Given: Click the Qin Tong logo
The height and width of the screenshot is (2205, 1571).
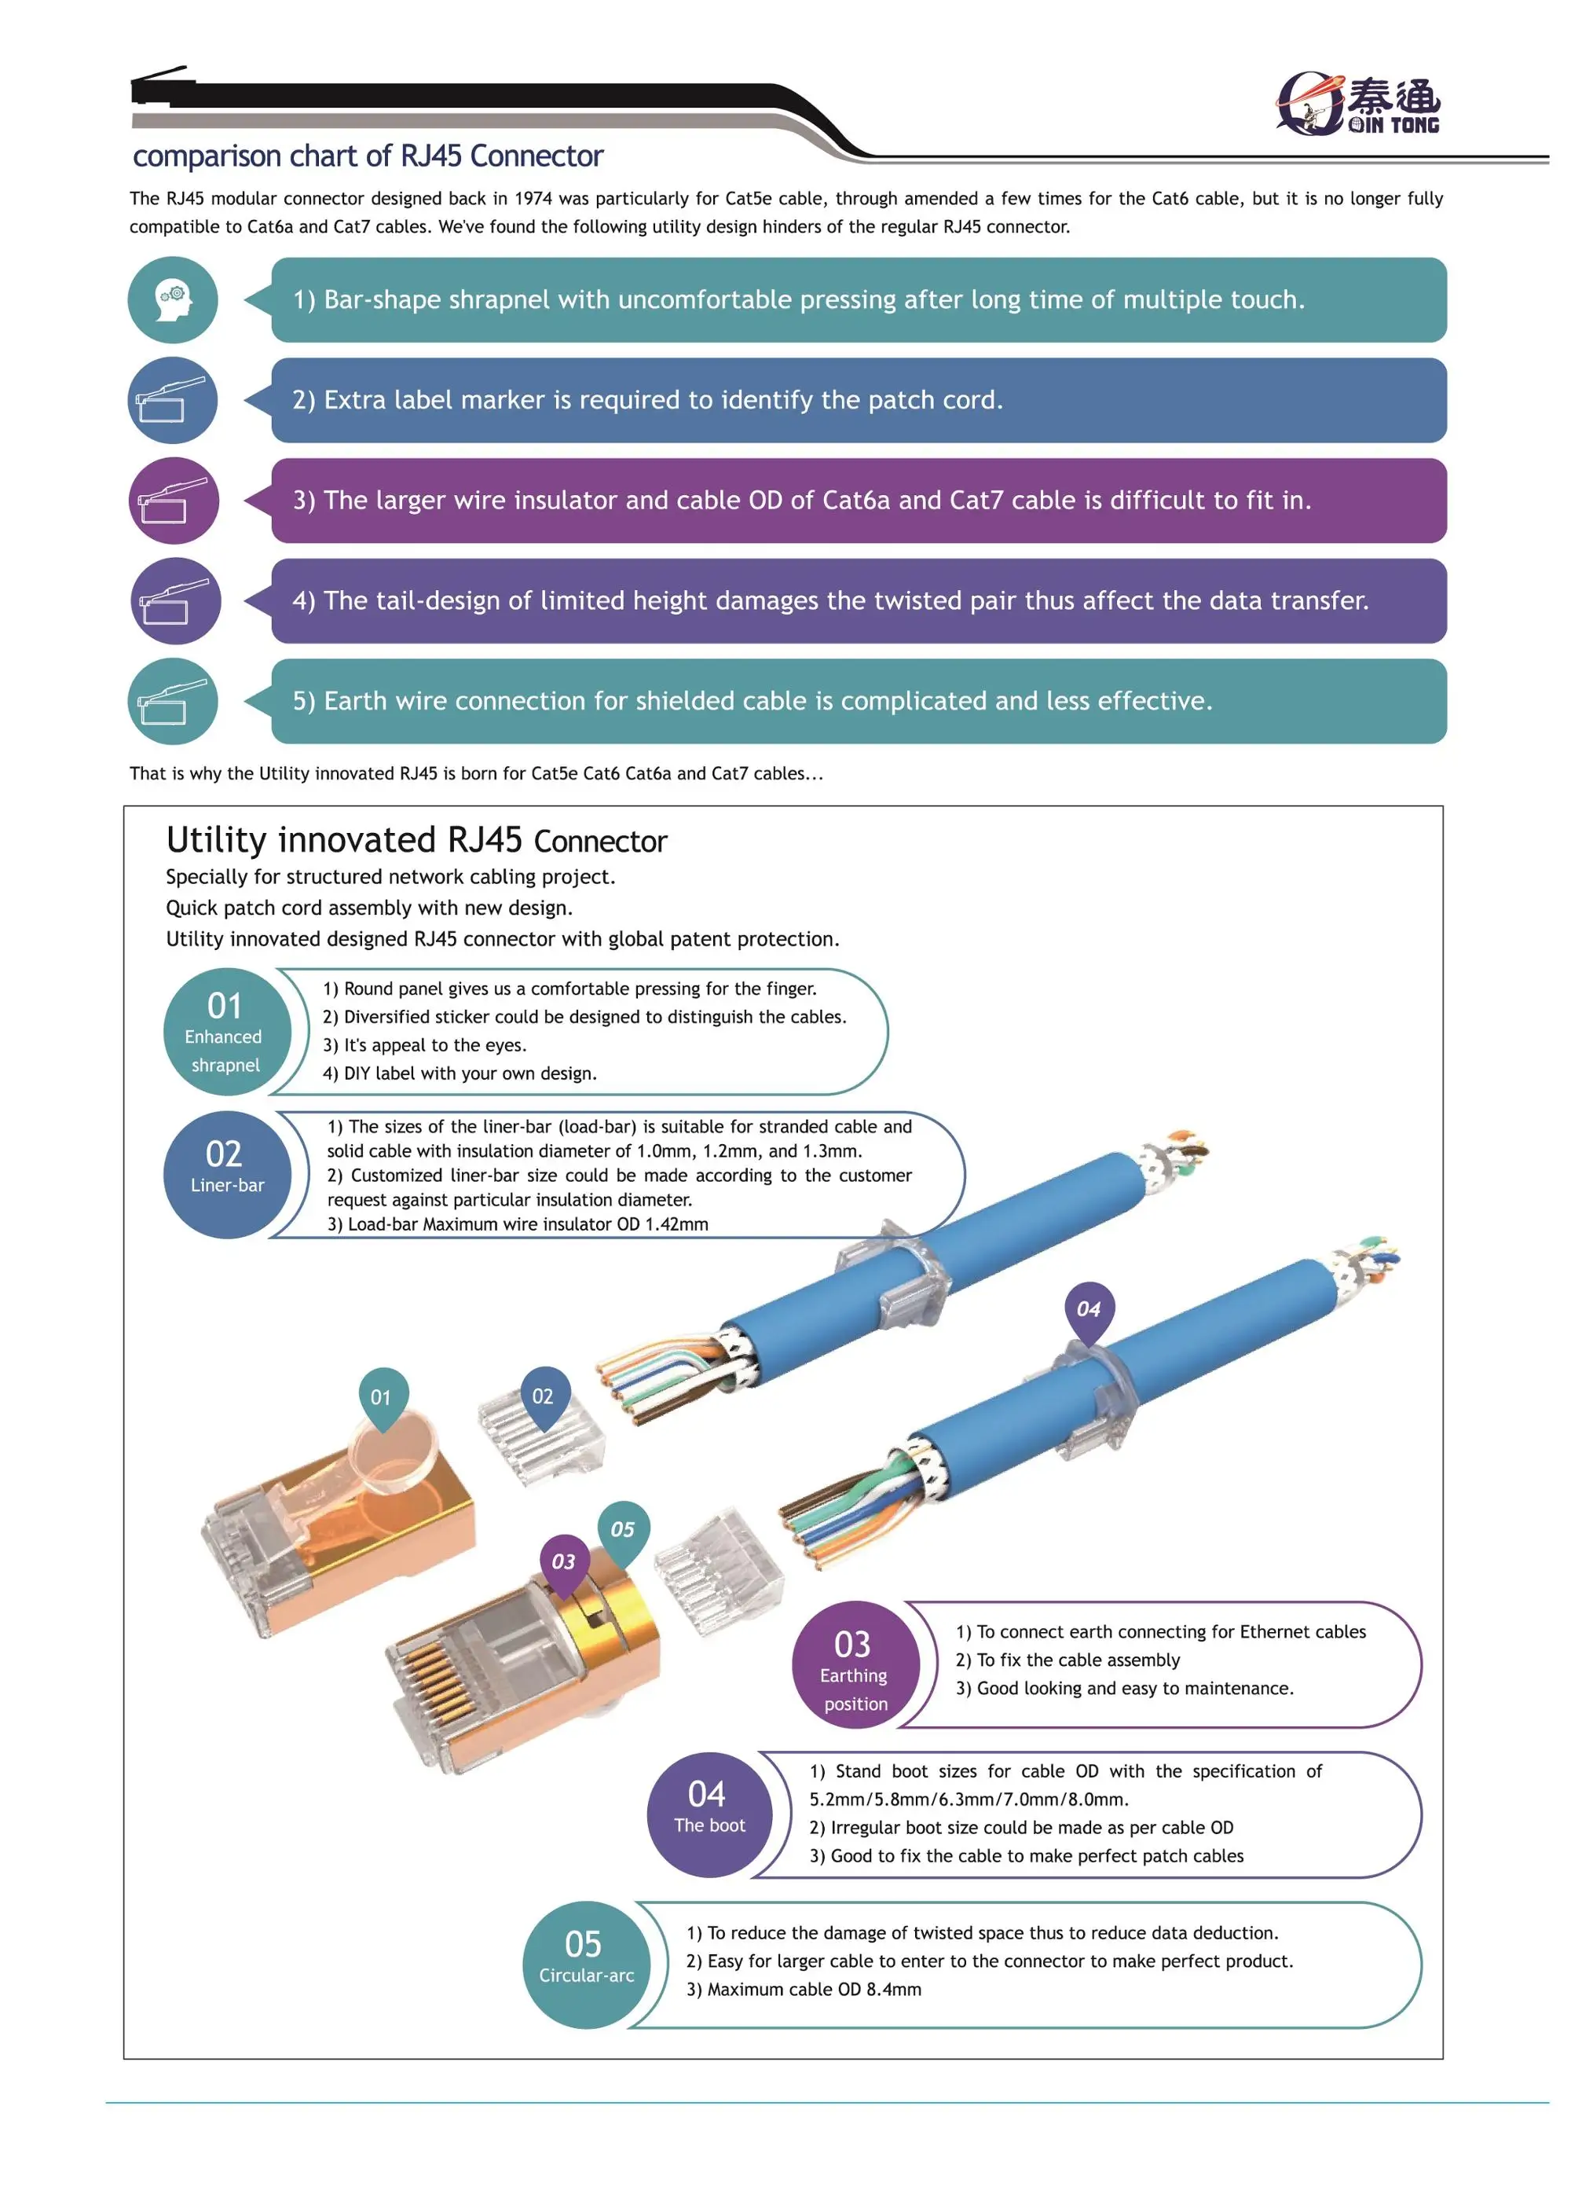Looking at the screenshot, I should tap(1358, 103).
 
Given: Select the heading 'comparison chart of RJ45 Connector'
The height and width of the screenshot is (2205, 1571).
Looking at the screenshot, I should tap(368, 156).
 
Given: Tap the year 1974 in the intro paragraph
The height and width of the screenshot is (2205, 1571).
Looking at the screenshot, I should tap(533, 198).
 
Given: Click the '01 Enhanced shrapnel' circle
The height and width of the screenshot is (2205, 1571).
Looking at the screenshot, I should tap(226, 1032).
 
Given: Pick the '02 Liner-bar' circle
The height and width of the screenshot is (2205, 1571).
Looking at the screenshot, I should tap(226, 1175).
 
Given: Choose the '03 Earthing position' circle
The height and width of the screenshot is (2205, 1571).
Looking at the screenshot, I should tap(854, 1664).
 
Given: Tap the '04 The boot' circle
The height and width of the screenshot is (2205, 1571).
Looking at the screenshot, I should tap(709, 1814).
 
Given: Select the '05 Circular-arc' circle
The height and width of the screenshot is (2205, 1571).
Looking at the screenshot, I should tap(585, 1964).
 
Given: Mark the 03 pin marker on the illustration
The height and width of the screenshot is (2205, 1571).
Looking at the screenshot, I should tap(563, 1561).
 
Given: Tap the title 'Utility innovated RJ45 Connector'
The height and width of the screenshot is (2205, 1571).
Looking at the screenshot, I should tap(416, 840).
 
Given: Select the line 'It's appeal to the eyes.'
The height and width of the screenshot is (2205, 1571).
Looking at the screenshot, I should tap(425, 1045).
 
